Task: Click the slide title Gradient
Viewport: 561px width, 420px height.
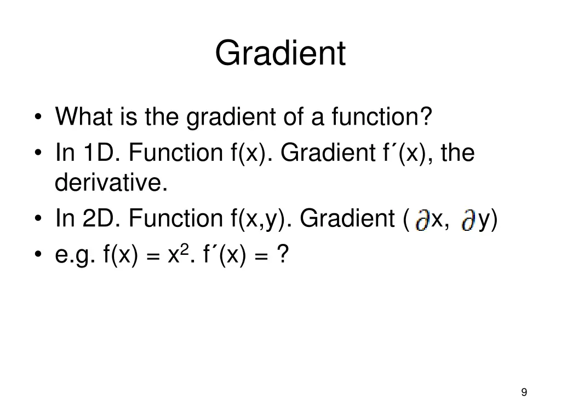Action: tap(280, 54)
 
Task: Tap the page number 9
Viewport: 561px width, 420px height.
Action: tap(524, 392)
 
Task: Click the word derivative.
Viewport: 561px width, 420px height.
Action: tap(111, 183)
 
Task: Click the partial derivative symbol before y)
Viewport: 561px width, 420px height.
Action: tap(468, 220)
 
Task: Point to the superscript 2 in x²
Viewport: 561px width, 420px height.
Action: tap(185, 248)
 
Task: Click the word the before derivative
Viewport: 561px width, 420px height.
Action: tap(457, 153)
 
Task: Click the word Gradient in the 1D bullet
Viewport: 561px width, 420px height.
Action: tap(325, 153)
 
